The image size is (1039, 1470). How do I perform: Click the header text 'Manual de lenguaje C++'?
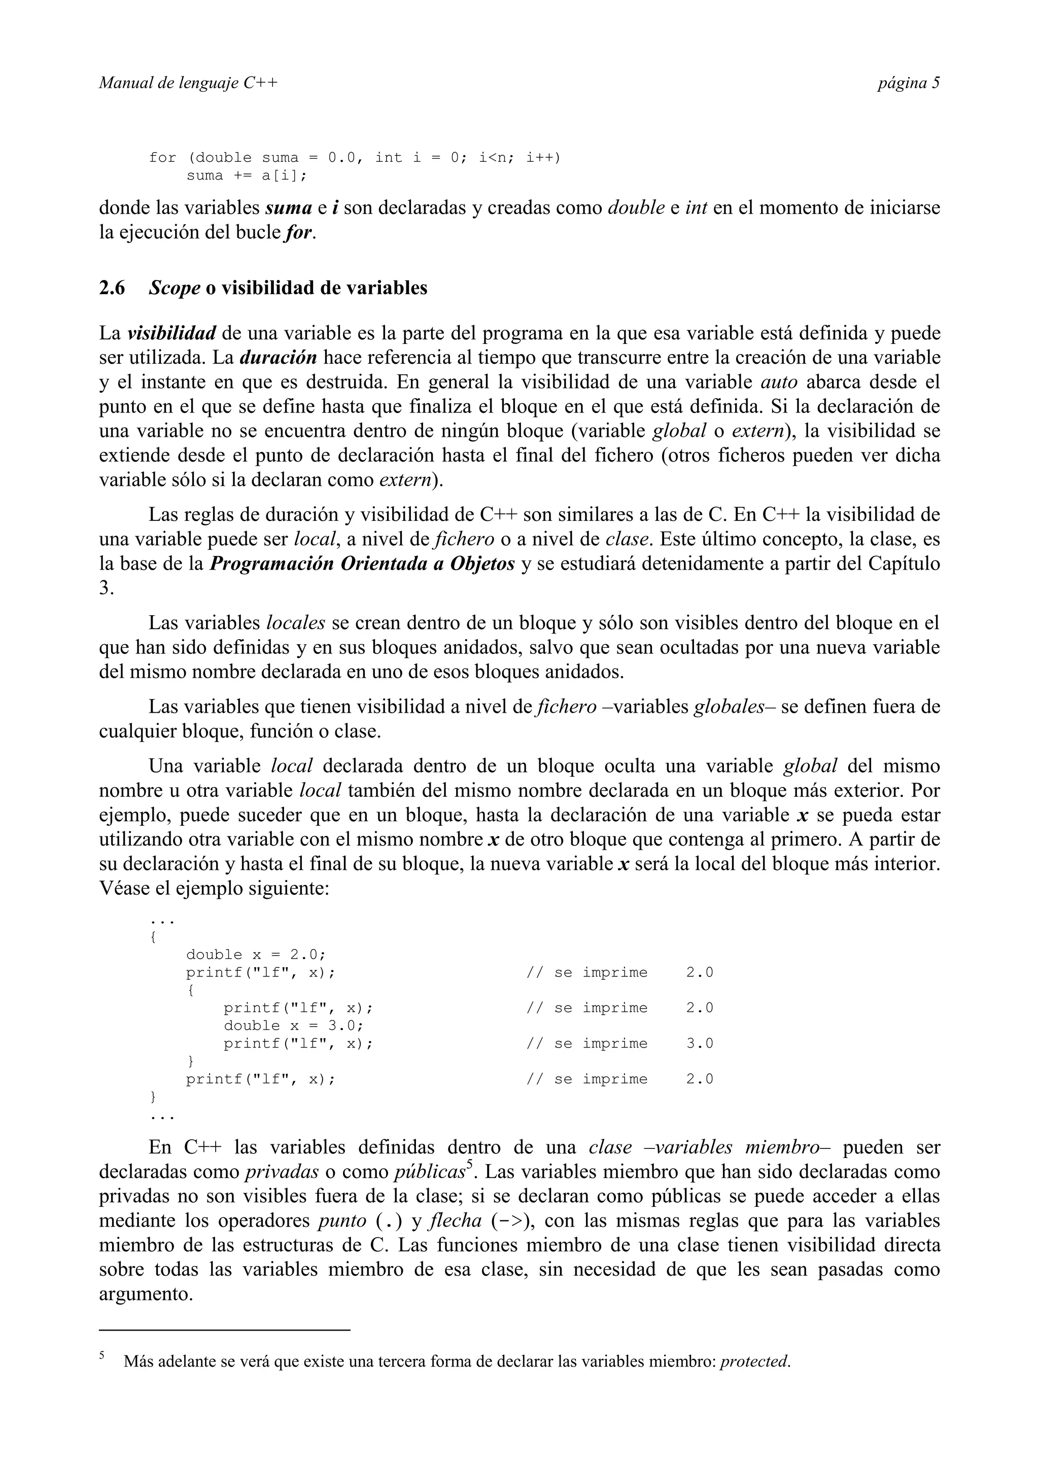[188, 83]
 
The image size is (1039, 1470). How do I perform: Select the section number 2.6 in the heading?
[112, 288]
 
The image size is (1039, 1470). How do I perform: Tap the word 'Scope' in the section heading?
[174, 288]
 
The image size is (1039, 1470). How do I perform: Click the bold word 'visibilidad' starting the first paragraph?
[171, 334]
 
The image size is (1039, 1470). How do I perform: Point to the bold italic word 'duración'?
[279, 358]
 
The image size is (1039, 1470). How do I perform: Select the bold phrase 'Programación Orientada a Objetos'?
[362, 564]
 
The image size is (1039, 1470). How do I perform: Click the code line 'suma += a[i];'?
[247, 176]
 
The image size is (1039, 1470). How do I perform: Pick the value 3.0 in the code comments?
[700, 1043]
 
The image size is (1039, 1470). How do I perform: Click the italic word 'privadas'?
[282, 1172]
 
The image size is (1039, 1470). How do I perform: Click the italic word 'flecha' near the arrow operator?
[455, 1221]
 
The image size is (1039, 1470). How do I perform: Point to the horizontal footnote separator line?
[225, 1331]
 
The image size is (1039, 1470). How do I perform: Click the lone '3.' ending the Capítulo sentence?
[106, 588]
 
